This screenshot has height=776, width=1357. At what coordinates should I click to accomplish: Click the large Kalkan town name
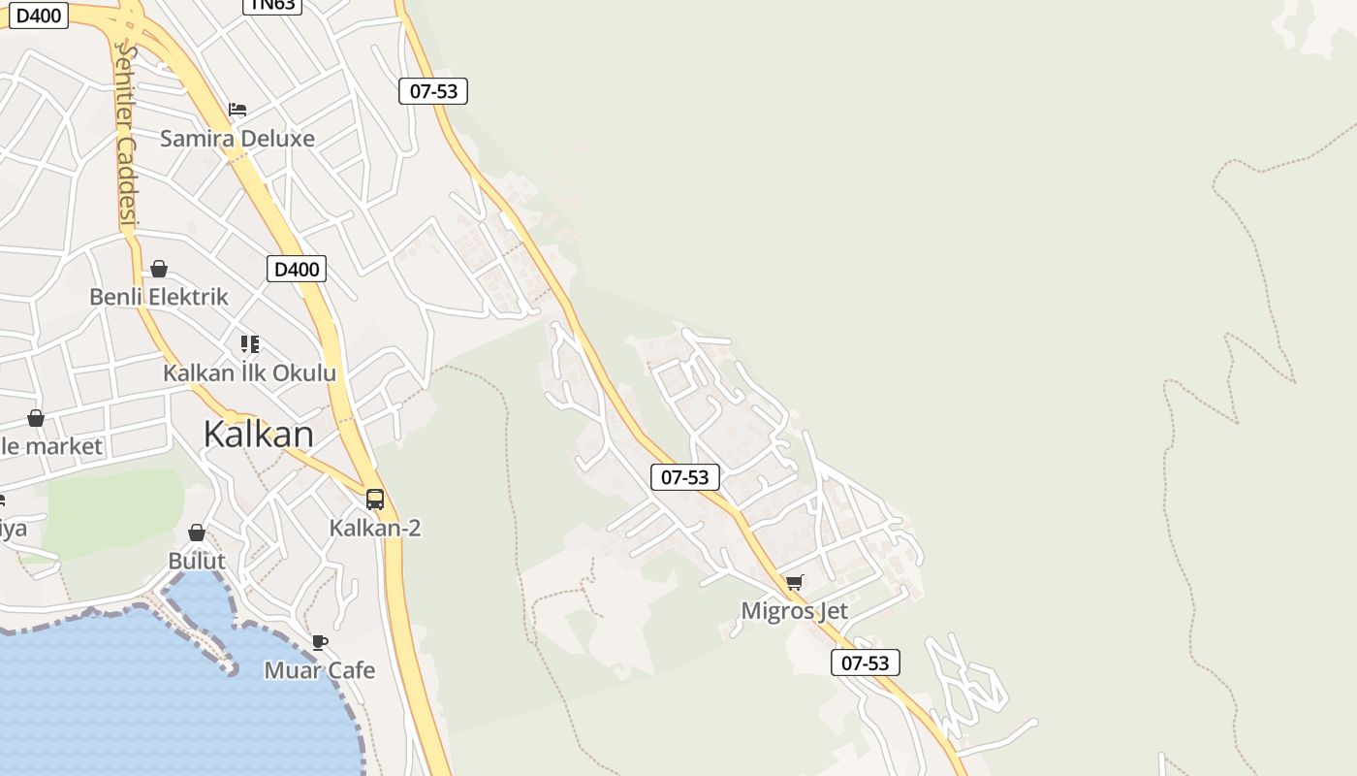click(x=258, y=435)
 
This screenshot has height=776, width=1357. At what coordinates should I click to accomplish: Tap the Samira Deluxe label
click(x=237, y=139)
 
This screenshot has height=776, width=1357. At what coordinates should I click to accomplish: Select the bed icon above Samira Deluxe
click(x=237, y=109)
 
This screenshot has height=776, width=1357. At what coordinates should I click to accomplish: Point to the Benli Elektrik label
click(x=159, y=297)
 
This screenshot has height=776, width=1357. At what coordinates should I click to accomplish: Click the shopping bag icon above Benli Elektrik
click(x=159, y=269)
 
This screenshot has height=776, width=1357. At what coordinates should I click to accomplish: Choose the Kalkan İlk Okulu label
click(x=249, y=373)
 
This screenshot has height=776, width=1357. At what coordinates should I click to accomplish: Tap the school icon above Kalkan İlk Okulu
click(x=250, y=344)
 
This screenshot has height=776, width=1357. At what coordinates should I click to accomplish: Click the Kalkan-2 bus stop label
click(x=375, y=529)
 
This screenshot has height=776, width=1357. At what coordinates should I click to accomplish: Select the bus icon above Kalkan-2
click(x=375, y=500)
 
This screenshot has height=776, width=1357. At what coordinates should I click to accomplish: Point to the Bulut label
click(x=197, y=561)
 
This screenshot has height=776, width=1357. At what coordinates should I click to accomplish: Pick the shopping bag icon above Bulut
click(x=197, y=533)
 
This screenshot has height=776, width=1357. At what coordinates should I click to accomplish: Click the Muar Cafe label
click(x=320, y=670)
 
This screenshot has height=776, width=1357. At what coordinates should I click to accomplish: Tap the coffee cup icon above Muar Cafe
click(x=320, y=642)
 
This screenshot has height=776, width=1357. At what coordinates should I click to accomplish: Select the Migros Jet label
click(x=794, y=611)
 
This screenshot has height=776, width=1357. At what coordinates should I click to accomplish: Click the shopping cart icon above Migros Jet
click(x=795, y=583)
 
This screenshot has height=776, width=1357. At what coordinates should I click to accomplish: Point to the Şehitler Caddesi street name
click(x=125, y=136)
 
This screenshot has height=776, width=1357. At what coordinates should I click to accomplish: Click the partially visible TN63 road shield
click(x=272, y=6)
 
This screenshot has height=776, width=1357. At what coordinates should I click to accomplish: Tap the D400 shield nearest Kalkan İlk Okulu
click(x=297, y=269)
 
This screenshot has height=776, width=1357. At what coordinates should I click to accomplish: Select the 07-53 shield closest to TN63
click(x=433, y=91)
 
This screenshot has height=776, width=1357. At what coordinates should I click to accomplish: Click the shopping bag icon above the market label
click(x=36, y=418)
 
